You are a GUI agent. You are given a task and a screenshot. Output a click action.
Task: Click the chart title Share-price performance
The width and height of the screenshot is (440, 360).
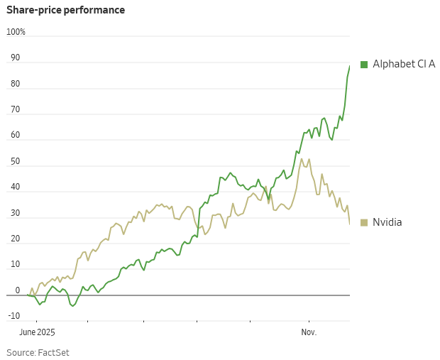(65, 10)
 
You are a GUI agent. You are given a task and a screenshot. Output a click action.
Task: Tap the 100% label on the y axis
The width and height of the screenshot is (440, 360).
(16, 32)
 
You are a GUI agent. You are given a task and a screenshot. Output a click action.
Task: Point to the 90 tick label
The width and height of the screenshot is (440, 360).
(15, 58)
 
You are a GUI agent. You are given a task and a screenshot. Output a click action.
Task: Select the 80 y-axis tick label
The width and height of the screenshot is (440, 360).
(15, 84)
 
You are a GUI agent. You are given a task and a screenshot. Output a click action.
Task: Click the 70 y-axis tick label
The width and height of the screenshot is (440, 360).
(15, 110)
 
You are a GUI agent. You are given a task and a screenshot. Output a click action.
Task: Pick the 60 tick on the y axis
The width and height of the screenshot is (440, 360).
(15, 136)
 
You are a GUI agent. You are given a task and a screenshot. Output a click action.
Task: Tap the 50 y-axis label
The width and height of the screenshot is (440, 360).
(15, 162)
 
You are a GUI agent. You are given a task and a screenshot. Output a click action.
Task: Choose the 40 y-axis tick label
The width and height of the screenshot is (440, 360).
(15, 187)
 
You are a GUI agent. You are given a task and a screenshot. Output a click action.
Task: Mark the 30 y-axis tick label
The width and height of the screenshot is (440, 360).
(15, 214)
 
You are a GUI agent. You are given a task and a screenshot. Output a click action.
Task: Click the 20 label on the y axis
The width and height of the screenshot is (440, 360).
(15, 239)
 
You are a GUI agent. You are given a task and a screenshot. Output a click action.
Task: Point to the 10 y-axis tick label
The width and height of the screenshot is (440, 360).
(15, 265)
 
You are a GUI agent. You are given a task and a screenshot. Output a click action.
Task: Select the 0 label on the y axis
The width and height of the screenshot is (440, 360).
(17, 291)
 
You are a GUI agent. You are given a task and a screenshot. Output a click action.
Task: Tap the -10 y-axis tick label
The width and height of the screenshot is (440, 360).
(13, 317)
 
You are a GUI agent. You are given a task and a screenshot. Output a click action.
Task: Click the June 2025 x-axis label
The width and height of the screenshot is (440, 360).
(37, 332)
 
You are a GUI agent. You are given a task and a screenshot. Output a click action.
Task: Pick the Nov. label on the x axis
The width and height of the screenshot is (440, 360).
(309, 332)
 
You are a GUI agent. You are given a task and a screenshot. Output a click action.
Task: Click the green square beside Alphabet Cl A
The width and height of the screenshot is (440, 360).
(364, 65)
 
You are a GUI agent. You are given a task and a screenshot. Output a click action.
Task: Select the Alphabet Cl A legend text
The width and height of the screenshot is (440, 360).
(404, 65)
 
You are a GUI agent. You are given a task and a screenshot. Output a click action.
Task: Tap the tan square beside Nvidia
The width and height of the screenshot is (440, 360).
(364, 223)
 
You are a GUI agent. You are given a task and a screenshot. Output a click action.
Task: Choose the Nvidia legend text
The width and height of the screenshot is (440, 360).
(387, 223)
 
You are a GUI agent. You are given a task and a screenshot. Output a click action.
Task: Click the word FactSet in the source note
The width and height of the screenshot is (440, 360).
(53, 352)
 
